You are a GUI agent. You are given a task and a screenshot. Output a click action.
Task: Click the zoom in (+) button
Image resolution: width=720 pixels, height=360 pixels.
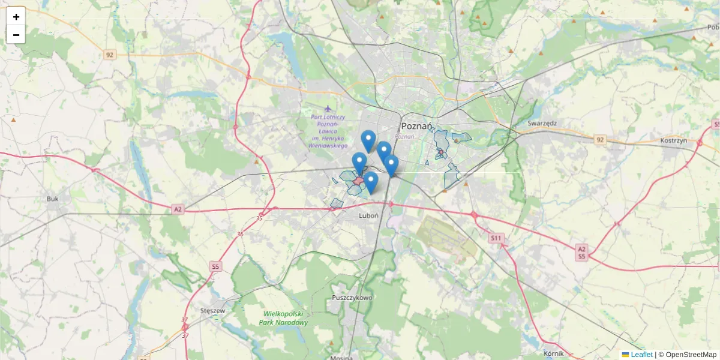click(16, 17)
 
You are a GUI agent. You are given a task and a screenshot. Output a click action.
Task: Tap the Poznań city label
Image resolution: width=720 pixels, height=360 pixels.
click(416, 126)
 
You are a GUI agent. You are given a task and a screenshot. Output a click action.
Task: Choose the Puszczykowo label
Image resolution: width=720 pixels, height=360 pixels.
click(352, 298)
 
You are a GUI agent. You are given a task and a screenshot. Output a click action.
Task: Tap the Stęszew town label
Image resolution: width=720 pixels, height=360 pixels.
click(213, 311)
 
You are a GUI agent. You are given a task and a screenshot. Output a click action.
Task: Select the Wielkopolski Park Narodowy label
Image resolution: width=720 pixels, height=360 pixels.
click(284, 318)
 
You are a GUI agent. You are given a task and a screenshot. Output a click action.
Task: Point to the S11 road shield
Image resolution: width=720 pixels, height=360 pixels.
click(496, 238)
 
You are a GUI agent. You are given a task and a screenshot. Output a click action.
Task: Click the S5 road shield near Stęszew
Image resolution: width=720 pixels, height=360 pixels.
click(216, 266)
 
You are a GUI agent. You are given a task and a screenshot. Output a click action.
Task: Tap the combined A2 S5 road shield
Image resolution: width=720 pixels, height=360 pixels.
click(581, 252)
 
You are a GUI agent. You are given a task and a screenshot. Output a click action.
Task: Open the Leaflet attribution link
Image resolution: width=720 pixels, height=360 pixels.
click(641, 355)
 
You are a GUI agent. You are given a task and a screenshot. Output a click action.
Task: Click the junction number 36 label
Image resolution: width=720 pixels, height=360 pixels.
click(240, 235)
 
